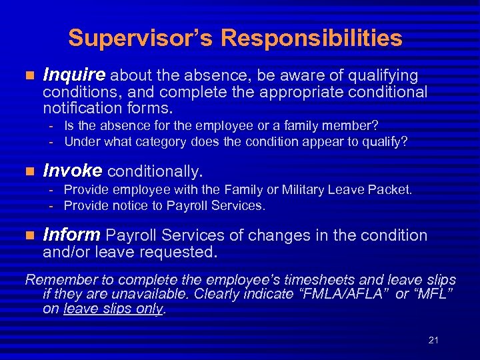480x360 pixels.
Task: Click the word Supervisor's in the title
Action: pos(140,38)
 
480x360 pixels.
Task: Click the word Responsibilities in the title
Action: pos(311,38)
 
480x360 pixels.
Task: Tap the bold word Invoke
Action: pos(72,171)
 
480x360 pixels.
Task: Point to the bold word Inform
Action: pos(71,235)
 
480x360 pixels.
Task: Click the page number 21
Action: pos(433,340)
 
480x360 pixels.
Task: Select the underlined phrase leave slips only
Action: pos(113,309)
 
